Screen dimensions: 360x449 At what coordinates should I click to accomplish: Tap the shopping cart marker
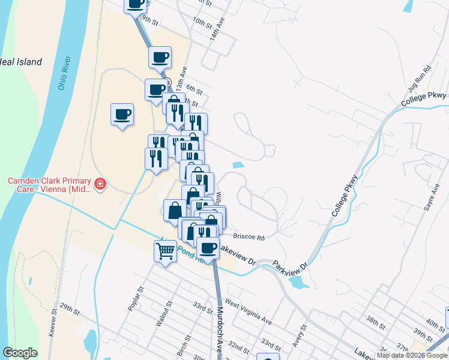click(x=165, y=251)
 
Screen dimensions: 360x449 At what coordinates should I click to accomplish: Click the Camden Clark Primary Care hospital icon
click(x=101, y=183)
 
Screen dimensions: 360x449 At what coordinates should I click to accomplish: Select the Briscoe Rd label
click(x=253, y=237)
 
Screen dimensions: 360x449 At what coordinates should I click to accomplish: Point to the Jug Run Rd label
click(x=420, y=78)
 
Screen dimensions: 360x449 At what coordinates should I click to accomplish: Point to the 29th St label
click(x=70, y=310)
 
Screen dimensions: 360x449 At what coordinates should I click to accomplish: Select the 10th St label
click(x=203, y=23)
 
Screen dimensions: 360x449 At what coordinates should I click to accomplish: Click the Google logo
click(x=20, y=352)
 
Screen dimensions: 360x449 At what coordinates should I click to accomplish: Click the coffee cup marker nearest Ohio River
click(x=122, y=113)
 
